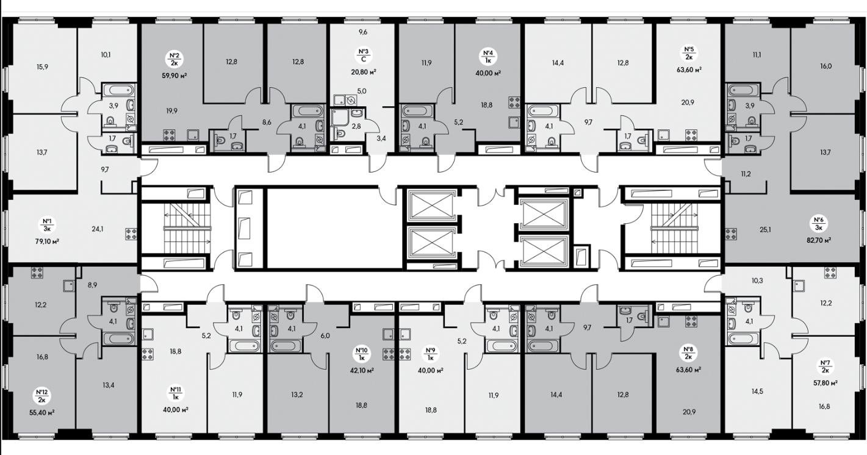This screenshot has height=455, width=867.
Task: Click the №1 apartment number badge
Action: coord(47,225)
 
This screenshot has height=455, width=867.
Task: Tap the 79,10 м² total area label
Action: coord(47,242)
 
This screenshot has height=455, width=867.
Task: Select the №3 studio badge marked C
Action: coord(363,56)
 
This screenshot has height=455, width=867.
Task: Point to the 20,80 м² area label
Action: coord(364,72)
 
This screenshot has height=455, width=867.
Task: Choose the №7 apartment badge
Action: coord(825,367)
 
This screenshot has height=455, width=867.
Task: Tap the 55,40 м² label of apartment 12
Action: coord(42,413)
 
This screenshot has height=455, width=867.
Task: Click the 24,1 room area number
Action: coord(98,229)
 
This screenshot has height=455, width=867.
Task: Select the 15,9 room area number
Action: coord(42,66)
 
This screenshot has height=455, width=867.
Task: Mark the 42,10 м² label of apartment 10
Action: coord(362,370)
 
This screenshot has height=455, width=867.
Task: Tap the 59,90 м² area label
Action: coord(174,76)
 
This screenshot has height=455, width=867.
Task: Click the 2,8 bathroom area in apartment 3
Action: coord(356,126)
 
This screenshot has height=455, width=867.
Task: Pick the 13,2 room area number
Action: coord(297,395)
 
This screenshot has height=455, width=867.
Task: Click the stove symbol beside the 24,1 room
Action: coord(131,234)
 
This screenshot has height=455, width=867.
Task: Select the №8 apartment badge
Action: coord(689,354)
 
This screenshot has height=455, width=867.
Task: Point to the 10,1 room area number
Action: coord(106,54)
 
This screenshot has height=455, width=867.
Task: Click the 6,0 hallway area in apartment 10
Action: coord(325,336)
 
